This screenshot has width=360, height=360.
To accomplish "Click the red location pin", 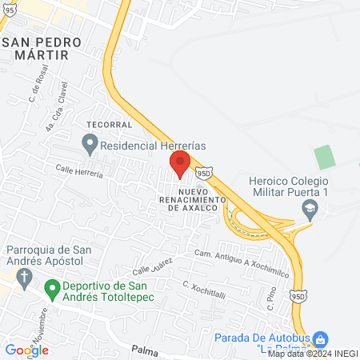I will coord(180,163).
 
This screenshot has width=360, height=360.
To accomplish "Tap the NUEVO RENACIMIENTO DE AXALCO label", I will coord(199,200).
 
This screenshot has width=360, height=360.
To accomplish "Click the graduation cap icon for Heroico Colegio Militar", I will coord(308,210).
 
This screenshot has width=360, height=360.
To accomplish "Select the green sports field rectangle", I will coord(324,157).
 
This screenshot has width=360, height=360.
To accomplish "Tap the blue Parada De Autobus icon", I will coord(320,339).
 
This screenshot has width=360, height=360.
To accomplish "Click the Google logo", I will coord(26,350).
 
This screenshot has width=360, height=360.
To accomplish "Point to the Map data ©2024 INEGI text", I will coord(312,354).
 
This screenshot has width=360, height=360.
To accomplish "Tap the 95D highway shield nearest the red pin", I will coord(205,172).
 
